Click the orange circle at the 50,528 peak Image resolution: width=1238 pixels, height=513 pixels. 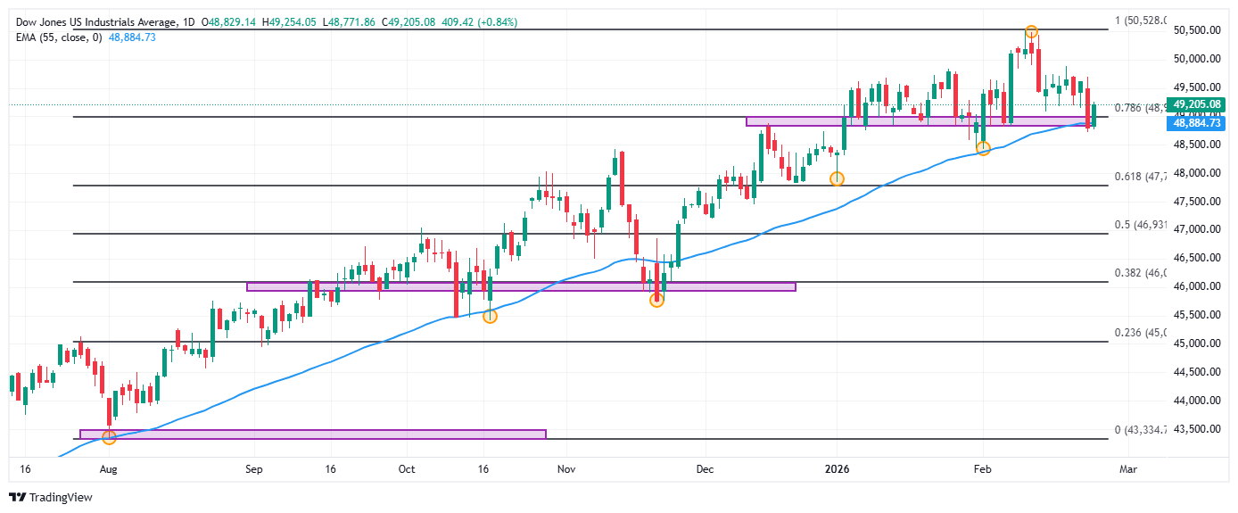click(1031, 31)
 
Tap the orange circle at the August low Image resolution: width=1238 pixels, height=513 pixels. click(109, 437)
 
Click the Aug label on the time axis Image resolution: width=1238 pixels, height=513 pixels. click(108, 468)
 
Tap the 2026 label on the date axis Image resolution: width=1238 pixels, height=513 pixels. click(836, 468)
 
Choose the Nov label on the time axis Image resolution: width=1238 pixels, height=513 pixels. click(563, 468)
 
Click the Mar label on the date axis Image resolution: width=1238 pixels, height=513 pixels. click(1128, 468)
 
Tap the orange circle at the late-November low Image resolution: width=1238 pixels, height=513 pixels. click(656, 301)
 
